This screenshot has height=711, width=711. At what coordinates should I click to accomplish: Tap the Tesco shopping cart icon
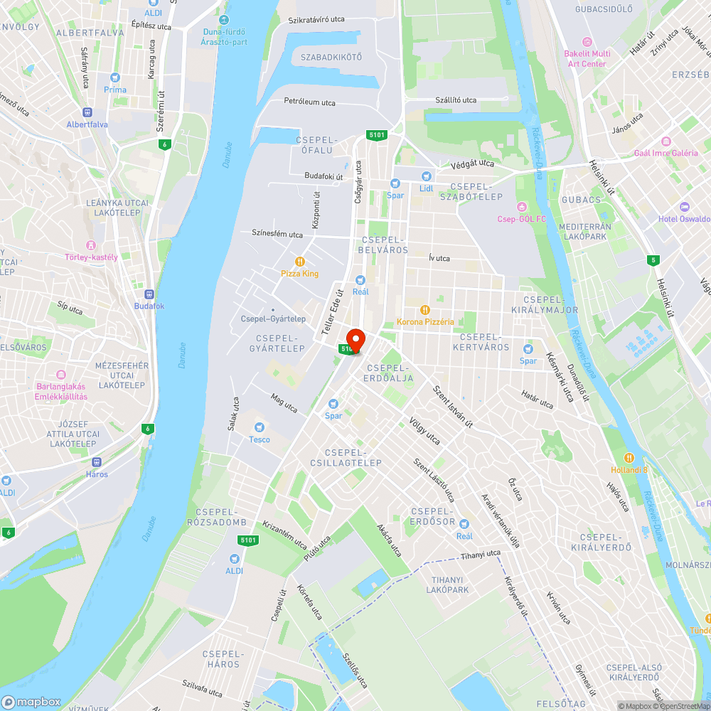[260, 427]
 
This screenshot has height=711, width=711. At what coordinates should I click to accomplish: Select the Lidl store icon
[426, 176]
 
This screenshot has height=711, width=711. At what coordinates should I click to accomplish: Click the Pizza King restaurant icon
[300, 261]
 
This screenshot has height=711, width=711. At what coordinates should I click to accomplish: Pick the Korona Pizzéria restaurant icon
[425, 309]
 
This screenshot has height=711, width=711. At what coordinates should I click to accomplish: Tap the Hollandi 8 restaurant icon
[629, 457]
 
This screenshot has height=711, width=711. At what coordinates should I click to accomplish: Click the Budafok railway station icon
[149, 294]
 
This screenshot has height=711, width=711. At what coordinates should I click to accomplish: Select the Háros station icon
[97, 461]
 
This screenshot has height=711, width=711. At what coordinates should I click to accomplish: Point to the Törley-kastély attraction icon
[91, 245]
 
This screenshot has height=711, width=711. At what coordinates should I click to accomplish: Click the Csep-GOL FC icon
[522, 206]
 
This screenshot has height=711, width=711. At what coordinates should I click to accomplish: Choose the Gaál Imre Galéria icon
[665, 141]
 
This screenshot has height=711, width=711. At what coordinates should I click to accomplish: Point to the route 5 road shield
[653, 260]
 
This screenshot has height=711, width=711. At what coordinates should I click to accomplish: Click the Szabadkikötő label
[331, 57]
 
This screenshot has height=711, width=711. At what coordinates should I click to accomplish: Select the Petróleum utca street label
[309, 102]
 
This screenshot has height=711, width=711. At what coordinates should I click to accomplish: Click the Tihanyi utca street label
[480, 555]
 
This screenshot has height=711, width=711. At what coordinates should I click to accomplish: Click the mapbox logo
[32, 702]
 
